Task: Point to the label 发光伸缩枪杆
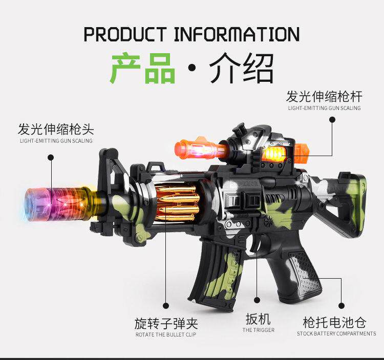pyautogui.click(x=324, y=96)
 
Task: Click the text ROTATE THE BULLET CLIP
pyautogui.click(x=166, y=334)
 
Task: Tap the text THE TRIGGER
pyautogui.click(x=258, y=330)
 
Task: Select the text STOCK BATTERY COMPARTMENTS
pyautogui.click(x=336, y=334)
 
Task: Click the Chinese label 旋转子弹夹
pyautogui.click(x=166, y=323)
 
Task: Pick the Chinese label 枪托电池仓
pyautogui.click(x=334, y=322)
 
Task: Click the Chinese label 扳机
pyautogui.click(x=258, y=320)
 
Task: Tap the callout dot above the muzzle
pyautogui.click(x=51, y=158)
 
